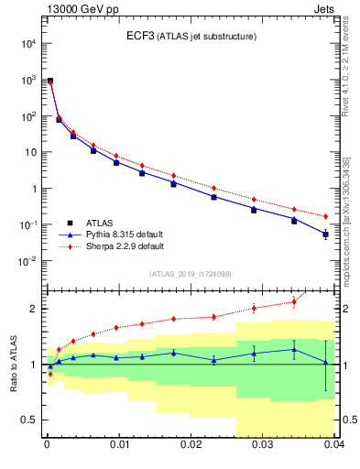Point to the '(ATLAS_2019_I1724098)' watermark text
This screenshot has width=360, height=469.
(x=191, y=274)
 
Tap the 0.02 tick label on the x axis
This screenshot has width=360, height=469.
(x=191, y=445)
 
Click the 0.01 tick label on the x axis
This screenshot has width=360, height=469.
(x=119, y=445)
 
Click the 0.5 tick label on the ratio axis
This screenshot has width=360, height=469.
(x=30, y=420)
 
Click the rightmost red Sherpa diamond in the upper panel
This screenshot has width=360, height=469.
(x=326, y=216)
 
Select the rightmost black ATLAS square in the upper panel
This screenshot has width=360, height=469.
(x=326, y=234)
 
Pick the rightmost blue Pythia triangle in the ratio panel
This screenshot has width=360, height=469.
(x=326, y=362)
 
